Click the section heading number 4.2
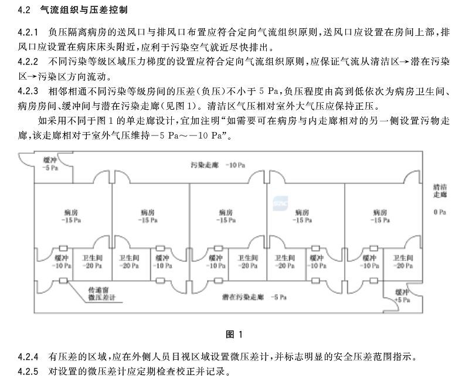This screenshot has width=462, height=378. (x=24, y=10)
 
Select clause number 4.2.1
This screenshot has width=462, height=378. (x=28, y=32)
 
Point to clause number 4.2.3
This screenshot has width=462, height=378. (x=28, y=91)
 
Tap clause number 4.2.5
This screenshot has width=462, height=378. (x=28, y=371)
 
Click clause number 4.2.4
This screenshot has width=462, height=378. (x=28, y=357)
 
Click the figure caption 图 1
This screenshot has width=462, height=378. (x=234, y=335)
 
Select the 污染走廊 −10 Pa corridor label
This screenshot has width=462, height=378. (x=218, y=165)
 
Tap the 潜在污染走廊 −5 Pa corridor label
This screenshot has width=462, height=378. (x=254, y=297)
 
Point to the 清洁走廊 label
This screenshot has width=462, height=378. (x=440, y=191)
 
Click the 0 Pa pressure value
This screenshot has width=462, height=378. (x=440, y=212)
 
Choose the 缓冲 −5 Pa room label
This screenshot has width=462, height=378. (x=50, y=164)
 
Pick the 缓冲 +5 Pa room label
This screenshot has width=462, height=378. (x=402, y=296)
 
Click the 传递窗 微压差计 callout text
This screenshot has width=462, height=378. (x=101, y=293)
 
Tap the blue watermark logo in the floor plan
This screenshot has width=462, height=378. (x=280, y=203)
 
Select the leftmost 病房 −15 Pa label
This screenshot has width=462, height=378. (x=71, y=216)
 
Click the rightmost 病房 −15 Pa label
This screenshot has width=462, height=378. (x=380, y=216)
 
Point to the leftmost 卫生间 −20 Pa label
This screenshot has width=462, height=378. (x=92, y=261)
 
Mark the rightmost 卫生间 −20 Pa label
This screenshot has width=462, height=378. (x=403, y=261)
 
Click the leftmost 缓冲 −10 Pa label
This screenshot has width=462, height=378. (x=62, y=261)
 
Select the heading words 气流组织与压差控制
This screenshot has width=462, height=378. (x=84, y=10)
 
